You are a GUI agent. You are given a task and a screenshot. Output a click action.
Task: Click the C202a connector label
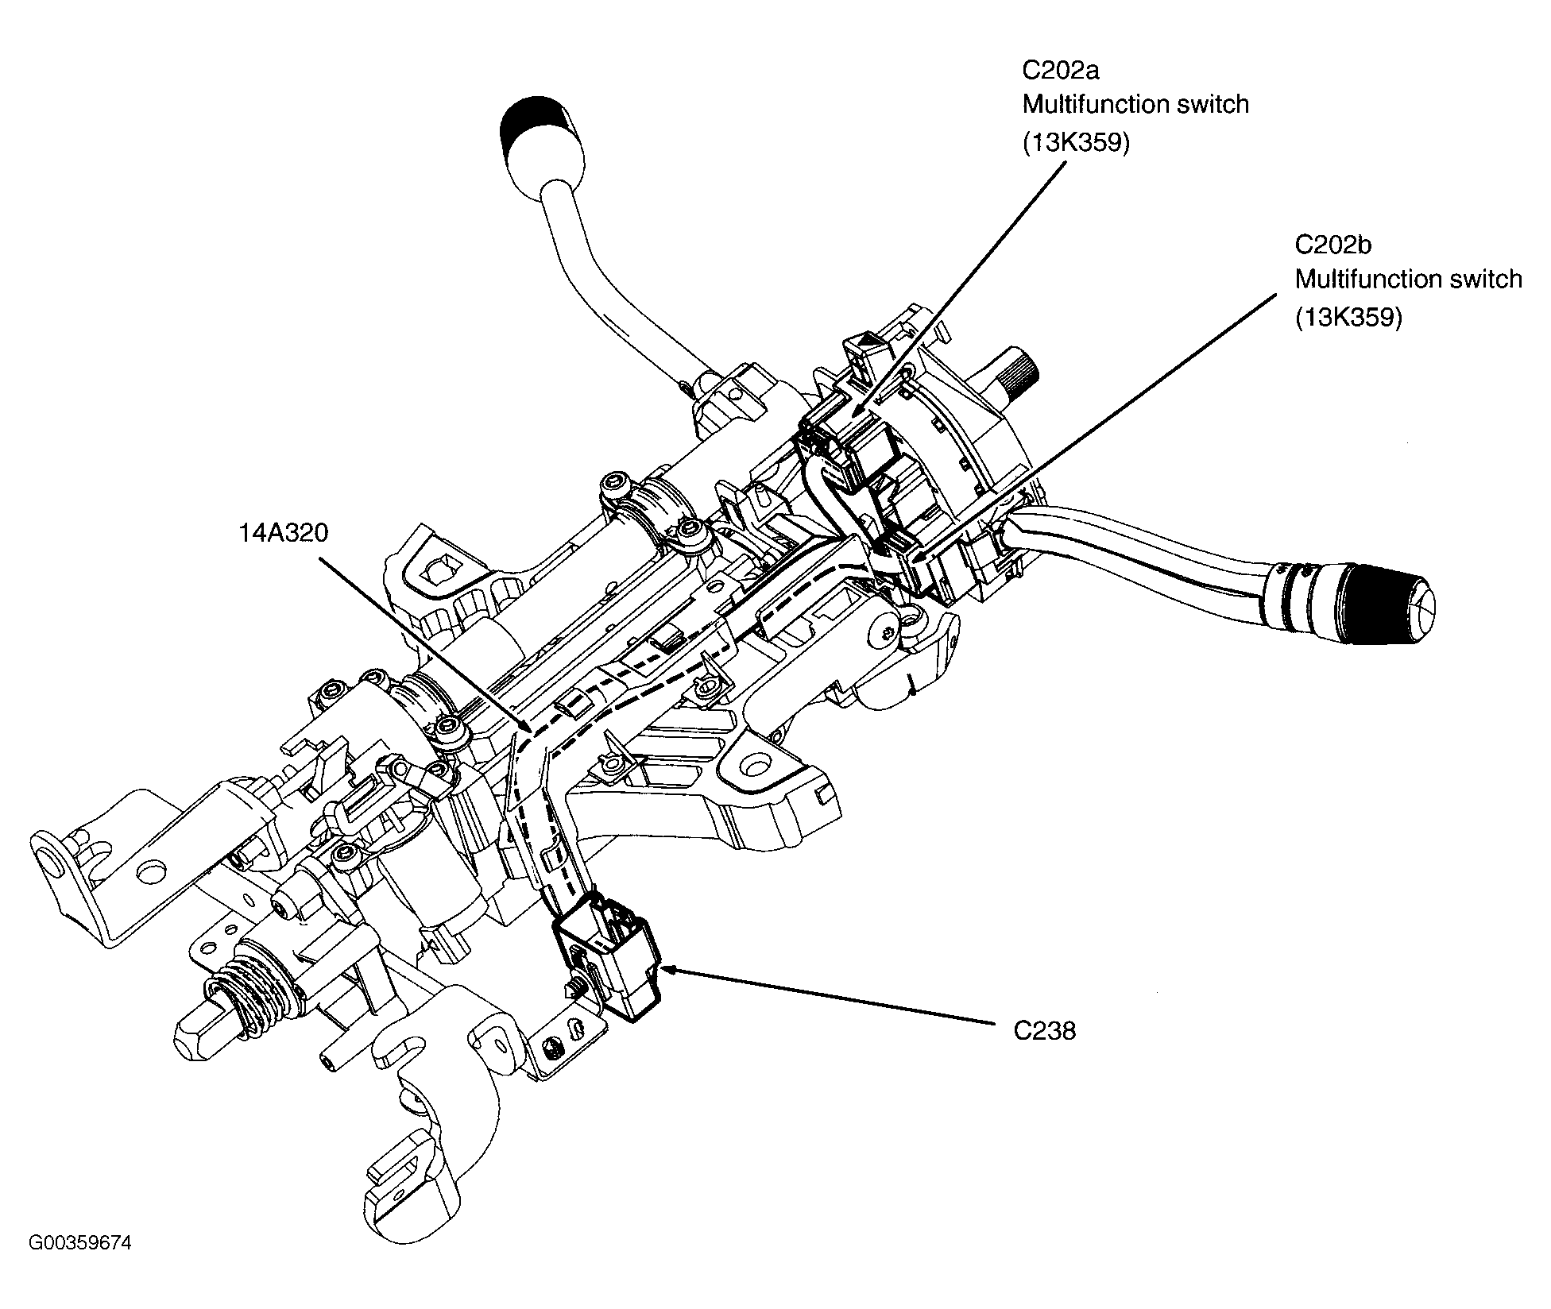click(x=1061, y=70)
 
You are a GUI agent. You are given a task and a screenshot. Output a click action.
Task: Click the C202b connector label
click(x=1333, y=244)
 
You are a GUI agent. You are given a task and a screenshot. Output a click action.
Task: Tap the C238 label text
click(x=1045, y=1030)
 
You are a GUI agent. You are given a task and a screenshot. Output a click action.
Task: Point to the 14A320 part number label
click(x=284, y=532)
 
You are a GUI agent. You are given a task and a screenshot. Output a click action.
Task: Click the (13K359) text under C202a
click(x=1076, y=142)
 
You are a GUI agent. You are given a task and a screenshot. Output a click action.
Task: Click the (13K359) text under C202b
click(x=1349, y=317)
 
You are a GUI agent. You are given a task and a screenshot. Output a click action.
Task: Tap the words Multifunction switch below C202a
click(x=1136, y=104)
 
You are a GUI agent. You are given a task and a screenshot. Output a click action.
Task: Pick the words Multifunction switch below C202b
click(x=1409, y=279)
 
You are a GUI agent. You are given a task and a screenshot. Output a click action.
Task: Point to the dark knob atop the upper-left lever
click(x=537, y=121)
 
